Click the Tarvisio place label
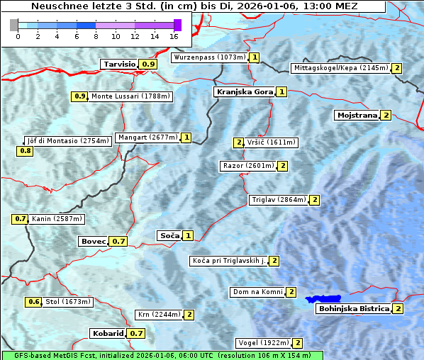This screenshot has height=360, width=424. (119, 64)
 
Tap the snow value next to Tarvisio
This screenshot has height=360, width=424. (147, 64)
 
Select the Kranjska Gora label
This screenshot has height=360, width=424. (244, 91)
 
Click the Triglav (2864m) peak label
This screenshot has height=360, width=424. (279, 200)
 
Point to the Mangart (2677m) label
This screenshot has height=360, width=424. (147, 137)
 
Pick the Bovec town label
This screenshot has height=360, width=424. (93, 241)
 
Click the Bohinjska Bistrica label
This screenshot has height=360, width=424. (353, 308)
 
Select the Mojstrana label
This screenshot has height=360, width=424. (357, 115)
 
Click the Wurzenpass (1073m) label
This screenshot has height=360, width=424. (210, 57)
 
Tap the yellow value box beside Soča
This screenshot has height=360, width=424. (187, 235)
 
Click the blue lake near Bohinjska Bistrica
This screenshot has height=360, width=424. (323, 299)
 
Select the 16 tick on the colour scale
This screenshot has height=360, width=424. (174, 35)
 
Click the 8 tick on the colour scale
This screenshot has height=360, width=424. (96, 35)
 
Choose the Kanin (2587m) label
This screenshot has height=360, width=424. (57, 219)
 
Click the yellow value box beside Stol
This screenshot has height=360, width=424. (34, 302)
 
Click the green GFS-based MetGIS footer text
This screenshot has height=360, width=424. (162, 355)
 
